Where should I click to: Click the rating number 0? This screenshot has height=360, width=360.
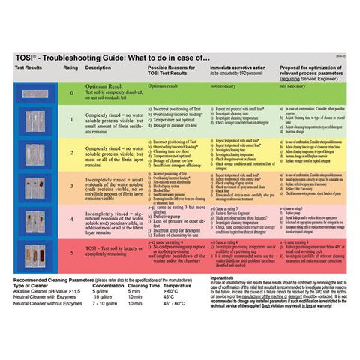click(x=72, y=93)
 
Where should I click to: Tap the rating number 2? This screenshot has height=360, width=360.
click(x=72, y=151)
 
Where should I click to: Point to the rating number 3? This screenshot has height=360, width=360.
click(x=72, y=185)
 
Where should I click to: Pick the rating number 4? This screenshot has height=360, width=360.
click(x=72, y=218)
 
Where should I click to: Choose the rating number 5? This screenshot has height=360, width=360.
click(x=72, y=253)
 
